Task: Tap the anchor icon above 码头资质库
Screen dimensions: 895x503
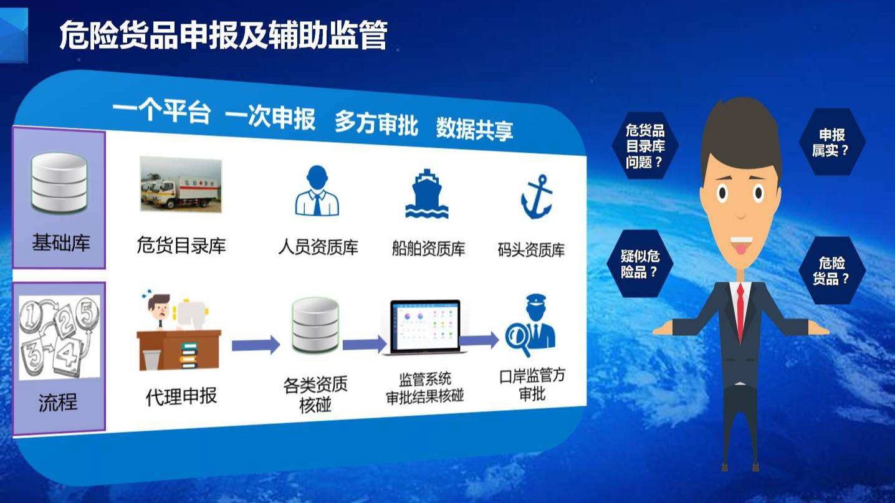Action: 537,196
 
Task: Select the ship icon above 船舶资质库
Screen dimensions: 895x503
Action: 427,193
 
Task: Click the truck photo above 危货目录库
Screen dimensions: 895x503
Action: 181,184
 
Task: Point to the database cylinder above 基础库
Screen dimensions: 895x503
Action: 59,183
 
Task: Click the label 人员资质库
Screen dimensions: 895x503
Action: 318,247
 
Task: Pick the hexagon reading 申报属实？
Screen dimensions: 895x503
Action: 832,142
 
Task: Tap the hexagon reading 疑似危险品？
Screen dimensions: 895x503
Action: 640,264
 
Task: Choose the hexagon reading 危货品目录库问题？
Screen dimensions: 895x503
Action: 645,146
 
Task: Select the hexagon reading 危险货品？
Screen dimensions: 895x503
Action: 832,271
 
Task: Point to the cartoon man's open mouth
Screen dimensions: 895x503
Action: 741,245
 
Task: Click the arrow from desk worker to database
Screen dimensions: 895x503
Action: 256,345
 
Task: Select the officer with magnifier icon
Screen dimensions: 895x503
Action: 530,324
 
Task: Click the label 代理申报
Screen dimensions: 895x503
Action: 181,396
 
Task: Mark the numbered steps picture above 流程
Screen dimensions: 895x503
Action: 59,338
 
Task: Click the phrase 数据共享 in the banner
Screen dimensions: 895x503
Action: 474,128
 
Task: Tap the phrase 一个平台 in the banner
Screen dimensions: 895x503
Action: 161,111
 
